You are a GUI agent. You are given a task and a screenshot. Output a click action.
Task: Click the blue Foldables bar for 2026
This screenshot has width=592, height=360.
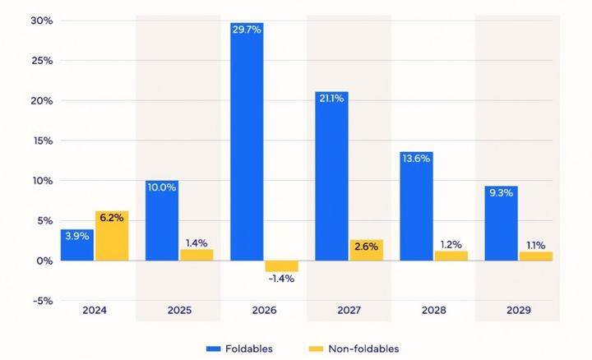(247, 141)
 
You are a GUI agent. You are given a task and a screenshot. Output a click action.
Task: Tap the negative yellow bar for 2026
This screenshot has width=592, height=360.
(281, 266)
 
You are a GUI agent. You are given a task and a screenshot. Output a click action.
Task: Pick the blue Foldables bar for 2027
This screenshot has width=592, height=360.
(331, 176)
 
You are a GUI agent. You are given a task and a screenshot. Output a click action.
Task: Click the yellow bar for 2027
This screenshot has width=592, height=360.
(366, 250)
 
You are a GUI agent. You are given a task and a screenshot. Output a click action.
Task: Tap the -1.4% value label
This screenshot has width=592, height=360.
(281, 279)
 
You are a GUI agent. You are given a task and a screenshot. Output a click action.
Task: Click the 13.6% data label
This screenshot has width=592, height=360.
(417, 159)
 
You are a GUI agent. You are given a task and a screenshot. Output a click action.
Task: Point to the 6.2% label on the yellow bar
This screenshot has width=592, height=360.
(111, 218)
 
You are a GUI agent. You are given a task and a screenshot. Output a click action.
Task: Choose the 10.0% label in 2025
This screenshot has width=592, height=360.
(162, 187)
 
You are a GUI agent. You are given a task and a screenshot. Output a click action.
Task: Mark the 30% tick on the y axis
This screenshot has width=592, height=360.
(42, 21)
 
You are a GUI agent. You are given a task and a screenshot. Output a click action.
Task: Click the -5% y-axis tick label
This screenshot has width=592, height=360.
(42, 300)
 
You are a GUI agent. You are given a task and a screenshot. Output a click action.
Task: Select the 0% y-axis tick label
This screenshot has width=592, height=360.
(45, 261)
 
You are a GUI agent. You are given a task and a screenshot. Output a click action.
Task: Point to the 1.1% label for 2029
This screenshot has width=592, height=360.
(535, 245)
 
